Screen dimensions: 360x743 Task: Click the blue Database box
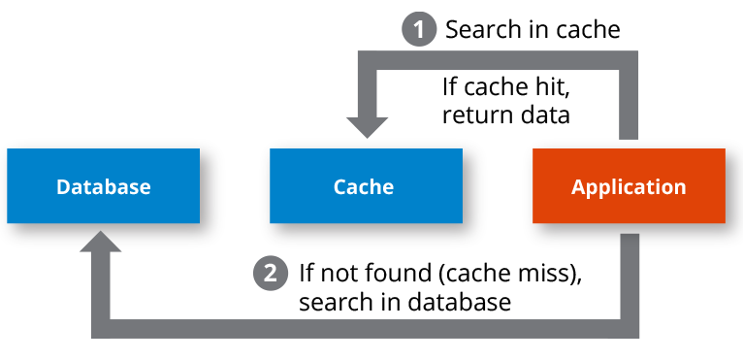click(103, 186)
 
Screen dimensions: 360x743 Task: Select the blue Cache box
click(364, 186)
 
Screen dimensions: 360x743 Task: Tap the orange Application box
click(628, 186)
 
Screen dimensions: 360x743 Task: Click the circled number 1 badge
click(419, 29)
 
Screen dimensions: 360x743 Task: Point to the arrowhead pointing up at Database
click(101, 244)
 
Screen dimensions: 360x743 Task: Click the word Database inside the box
click(103, 187)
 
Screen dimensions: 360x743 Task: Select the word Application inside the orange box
click(628, 187)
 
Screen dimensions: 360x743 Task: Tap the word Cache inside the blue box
click(364, 187)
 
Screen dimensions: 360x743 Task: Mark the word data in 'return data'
click(544, 115)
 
